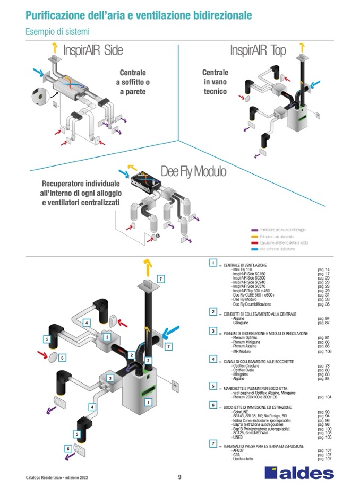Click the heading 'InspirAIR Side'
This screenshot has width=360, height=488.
point(93,50)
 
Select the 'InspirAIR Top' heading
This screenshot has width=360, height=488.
point(258,50)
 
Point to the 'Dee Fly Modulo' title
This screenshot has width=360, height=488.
point(193,172)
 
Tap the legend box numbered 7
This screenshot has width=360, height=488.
point(213,443)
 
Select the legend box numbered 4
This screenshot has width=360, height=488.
point(213,360)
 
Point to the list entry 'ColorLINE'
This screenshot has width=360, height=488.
point(241,412)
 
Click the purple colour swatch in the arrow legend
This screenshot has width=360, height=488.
point(254,230)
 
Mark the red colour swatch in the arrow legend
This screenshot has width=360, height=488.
point(254,242)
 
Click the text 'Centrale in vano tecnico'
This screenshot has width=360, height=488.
point(215,82)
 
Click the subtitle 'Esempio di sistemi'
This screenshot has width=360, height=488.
point(57,32)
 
